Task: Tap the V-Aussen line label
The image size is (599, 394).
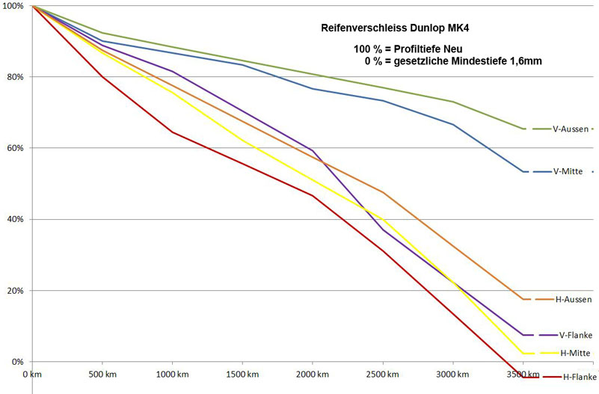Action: pos(570,129)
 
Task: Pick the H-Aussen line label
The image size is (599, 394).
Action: pos(574,300)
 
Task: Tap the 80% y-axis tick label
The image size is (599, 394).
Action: pos(15,77)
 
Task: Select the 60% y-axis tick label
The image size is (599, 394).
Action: pos(15,148)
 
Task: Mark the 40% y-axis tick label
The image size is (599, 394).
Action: pos(15,219)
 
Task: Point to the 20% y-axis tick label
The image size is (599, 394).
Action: pos(15,291)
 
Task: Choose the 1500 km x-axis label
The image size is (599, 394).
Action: pos(242,372)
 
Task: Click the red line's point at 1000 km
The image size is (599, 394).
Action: pos(172,132)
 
